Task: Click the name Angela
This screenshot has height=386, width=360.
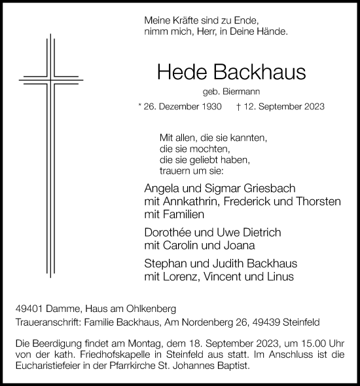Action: [x=160, y=188]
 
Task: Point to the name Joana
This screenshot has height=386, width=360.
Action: [x=240, y=246]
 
